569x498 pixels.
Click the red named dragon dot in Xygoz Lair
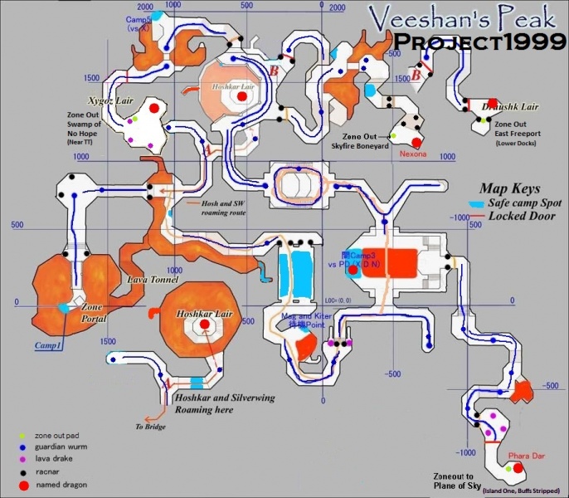click(153, 107)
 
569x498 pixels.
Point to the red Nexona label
click(413, 154)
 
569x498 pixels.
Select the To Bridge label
click(152, 427)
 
